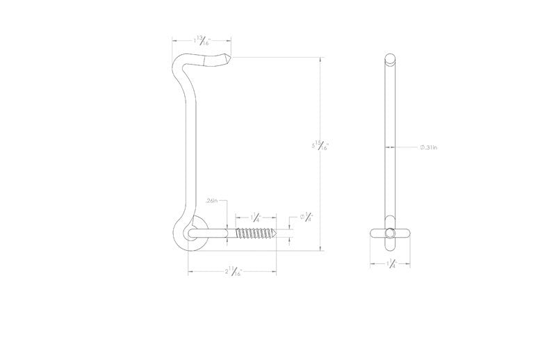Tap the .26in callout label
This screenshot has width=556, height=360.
click(213, 201)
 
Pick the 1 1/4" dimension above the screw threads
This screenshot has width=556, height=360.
click(256, 217)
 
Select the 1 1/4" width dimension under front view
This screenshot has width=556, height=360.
click(392, 264)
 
